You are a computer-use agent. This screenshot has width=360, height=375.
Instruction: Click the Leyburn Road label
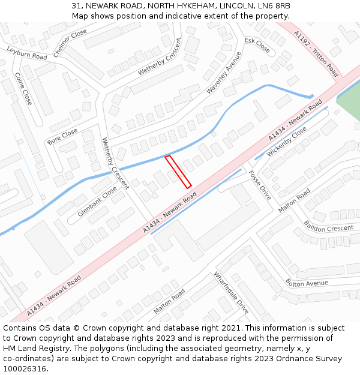pyautogui.click(x=27, y=53)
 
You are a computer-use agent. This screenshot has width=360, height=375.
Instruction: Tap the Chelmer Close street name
pyautogui.click(x=70, y=43)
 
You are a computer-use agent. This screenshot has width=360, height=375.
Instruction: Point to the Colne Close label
pyautogui.click(x=23, y=89)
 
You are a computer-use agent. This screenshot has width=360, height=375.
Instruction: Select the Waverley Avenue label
pyautogui.click(x=224, y=72)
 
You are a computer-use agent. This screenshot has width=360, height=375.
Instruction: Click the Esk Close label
pyautogui.click(x=257, y=45)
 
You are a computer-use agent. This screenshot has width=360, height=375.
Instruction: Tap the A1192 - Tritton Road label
pyautogui.click(x=316, y=54)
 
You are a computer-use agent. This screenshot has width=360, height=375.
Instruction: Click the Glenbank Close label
pyautogui.click(x=97, y=202)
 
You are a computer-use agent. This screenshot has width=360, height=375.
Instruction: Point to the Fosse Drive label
pyautogui.click(x=260, y=185)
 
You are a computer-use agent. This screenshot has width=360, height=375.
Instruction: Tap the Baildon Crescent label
pyautogui.click(x=328, y=229)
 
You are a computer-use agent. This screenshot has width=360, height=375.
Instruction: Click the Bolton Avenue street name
pyautogui.click(x=307, y=283)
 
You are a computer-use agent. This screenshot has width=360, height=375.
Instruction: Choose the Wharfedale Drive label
pyautogui.click(x=231, y=293)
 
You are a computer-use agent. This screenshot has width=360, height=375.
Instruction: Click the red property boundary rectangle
pyautogui.click(x=178, y=172)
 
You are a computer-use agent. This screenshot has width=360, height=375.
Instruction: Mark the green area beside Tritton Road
pyautogui.click(x=350, y=102)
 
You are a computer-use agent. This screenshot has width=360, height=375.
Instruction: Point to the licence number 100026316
pyautogui.click(x=26, y=369)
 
